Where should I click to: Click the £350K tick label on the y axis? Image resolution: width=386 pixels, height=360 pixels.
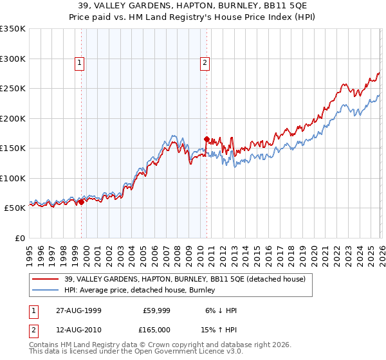(x=13, y=29)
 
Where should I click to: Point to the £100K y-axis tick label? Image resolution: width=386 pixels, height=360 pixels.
(x=13, y=178)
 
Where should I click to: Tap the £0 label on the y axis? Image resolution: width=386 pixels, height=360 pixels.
(x=19, y=238)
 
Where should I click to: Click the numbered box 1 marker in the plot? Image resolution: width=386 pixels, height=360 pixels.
(x=79, y=63)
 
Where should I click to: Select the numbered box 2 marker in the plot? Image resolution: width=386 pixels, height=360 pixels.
(x=205, y=63)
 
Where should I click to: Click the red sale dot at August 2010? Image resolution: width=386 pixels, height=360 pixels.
(x=207, y=139)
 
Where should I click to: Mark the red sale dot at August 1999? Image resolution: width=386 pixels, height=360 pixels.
(x=82, y=202)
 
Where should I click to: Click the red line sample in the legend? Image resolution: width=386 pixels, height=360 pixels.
(x=46, y=279)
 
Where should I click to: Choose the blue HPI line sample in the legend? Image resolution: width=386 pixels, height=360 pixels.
(x=46, y=290)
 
